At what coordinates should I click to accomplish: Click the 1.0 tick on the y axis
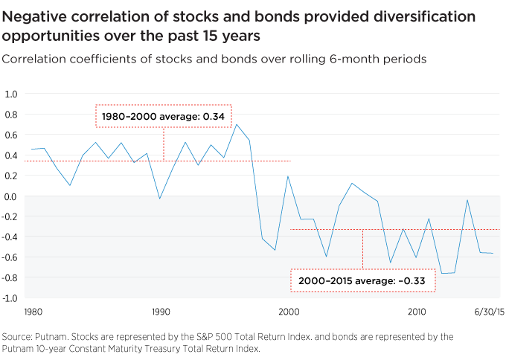tap(11, 94)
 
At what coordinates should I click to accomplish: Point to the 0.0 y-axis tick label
tap(11, 196)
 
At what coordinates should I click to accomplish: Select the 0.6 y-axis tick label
tap(11, 135)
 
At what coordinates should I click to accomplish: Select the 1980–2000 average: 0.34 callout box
tap(164, 117)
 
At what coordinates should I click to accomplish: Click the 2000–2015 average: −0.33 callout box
tap(362, 281)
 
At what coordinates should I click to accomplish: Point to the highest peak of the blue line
tap(237, 125)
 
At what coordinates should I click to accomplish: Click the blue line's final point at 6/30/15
tap(492, 254)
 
